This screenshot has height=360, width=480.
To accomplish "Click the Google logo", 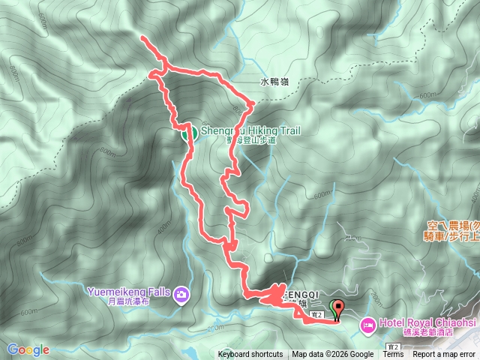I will click(28, 349).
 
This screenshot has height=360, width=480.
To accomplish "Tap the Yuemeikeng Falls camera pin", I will click(181, 295).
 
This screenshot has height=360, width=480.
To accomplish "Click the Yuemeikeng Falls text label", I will click(130, 292).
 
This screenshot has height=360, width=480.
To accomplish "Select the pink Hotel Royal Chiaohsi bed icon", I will click(367, 325).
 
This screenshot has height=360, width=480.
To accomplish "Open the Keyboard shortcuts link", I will click(250, 355).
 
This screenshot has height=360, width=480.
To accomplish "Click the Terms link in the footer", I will click(393, 355).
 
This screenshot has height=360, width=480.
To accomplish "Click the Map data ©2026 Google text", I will click(333, 355).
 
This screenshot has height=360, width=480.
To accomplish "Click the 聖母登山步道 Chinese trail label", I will click(250, 140).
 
